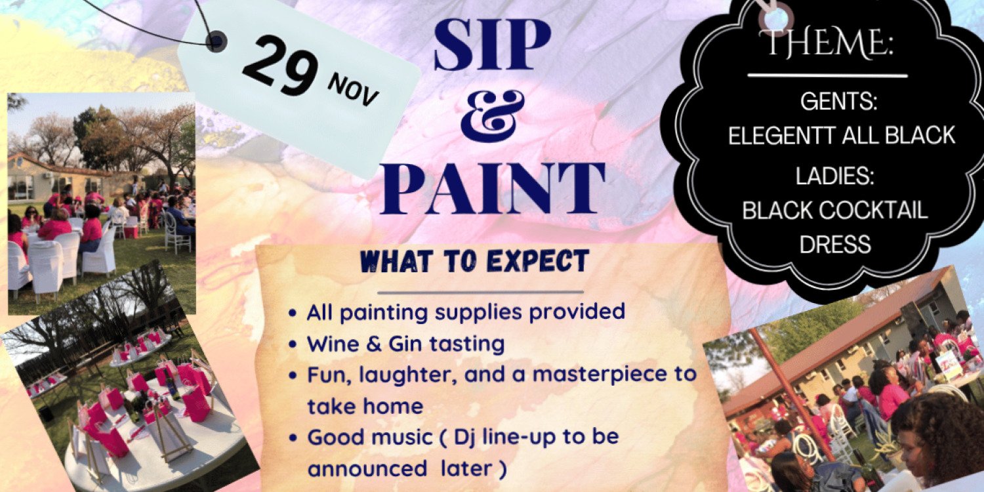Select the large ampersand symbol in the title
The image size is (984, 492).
point(492,115)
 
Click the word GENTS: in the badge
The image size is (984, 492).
point(838,102)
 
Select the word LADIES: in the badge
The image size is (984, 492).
point(833,176)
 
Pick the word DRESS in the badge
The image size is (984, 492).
point(834,244)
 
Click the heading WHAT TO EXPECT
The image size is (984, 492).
point(475,261)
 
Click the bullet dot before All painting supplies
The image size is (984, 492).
point(293,313)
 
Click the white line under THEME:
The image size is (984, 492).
point(827,75)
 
